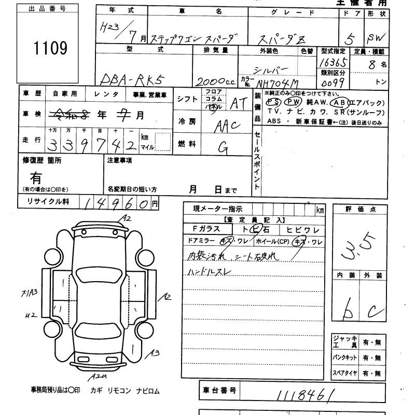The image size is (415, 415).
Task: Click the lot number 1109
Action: (x=51, y=48)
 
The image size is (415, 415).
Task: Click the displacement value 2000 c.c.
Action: (x=214, y=81)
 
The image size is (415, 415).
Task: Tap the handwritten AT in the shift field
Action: (x=238, y=103)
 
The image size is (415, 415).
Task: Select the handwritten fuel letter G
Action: (x=224, y=148)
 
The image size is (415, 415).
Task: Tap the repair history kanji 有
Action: (x=36, y=178)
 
